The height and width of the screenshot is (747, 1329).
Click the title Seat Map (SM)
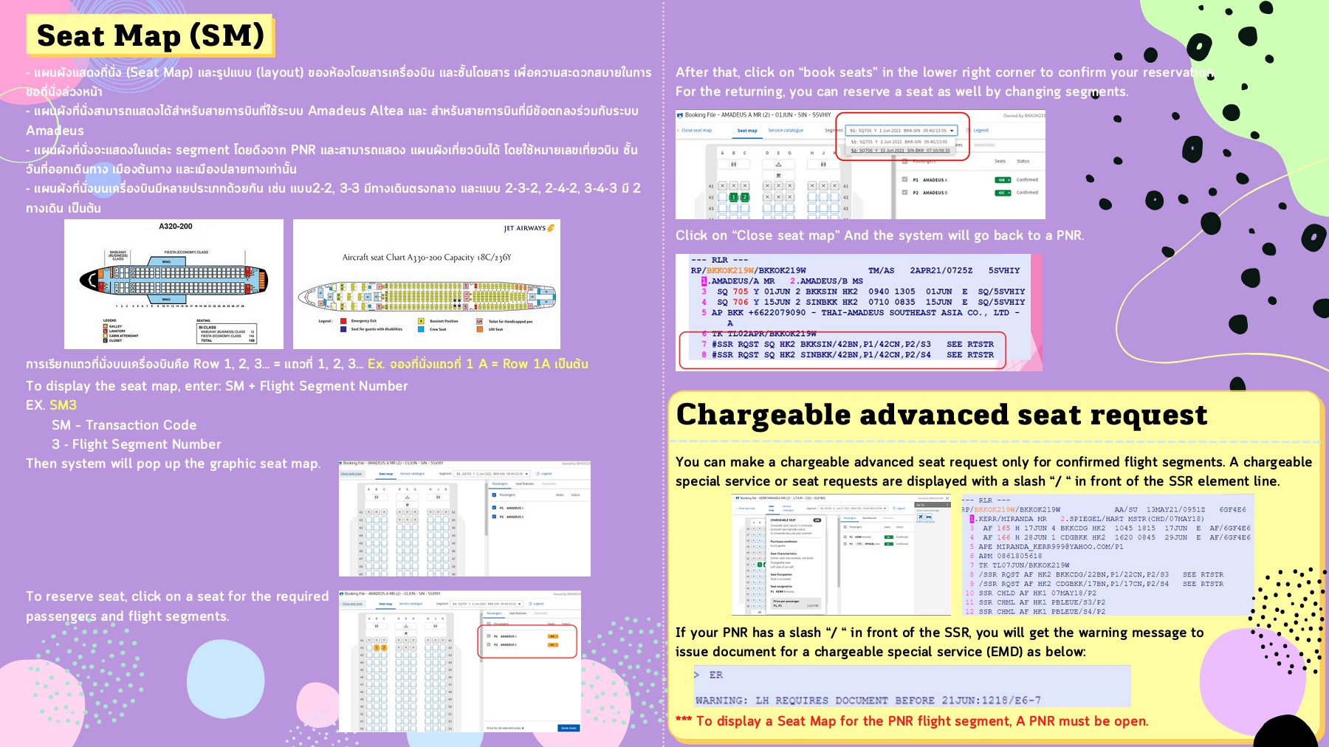click(150, 35)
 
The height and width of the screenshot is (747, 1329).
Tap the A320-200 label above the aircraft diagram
click(176, 227)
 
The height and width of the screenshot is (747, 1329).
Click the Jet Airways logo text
click(525, 228)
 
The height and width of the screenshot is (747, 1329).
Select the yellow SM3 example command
click(63, 405)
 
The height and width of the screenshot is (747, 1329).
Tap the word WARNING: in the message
click(721, 700)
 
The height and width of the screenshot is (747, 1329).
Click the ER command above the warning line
click(715, 675)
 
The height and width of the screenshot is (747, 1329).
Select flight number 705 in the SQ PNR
click(740, 292)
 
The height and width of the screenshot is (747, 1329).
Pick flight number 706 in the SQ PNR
click(740, 302)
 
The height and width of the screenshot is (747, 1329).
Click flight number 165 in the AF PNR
click(1003, 529)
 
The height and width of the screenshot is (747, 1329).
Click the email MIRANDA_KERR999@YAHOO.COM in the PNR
click(1059, 547)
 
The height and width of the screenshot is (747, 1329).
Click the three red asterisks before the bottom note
click(684, 720)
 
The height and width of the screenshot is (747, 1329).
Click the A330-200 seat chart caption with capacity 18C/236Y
click(426, 258)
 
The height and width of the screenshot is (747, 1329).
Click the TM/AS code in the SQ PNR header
click(881, 271)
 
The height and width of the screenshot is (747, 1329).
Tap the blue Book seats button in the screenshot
click(568, 728)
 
